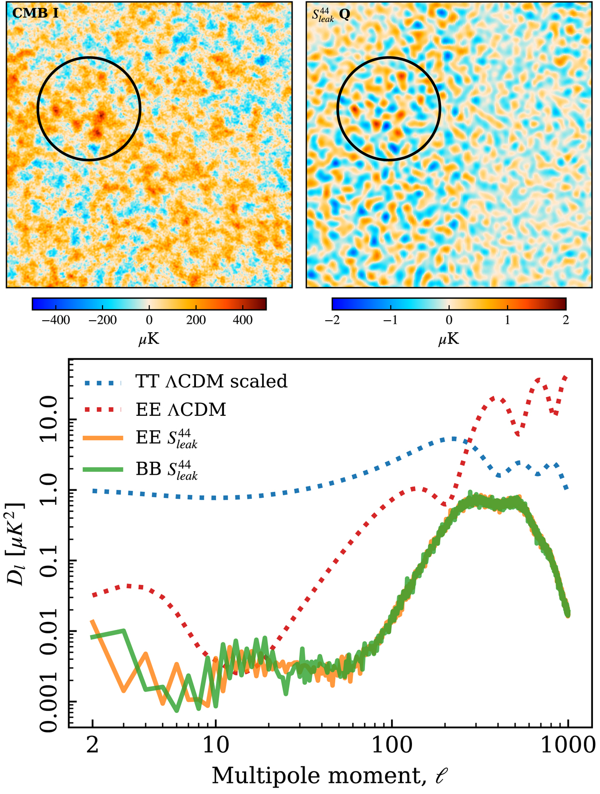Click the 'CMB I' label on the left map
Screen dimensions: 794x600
(35, 13)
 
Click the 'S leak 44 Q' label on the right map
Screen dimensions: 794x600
(330, 14)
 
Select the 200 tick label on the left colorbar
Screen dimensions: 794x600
(196, 320)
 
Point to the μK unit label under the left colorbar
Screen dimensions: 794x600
(149, 339)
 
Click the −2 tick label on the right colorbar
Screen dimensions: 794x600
(332, 320)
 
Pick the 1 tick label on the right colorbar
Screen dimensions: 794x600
(507, 320)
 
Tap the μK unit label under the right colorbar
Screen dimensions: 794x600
(448, 339)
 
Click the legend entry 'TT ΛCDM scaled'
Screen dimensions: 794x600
(211, 382)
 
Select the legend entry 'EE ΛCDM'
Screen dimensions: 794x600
(180, 410)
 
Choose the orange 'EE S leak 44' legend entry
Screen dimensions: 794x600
(166, 438)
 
